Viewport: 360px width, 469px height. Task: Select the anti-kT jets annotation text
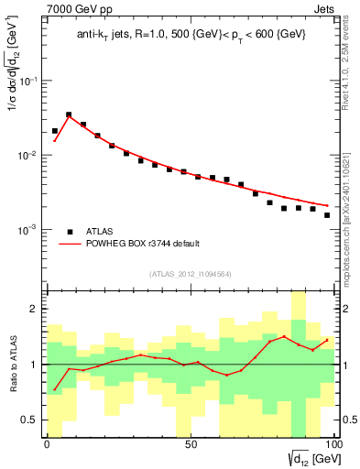(x=191, y=36)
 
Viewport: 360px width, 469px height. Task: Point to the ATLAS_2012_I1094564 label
(x=191, y=273)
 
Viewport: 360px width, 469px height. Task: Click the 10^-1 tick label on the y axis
(x=28, y=82)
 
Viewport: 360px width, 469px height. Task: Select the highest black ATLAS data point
(x=69, y=115)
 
